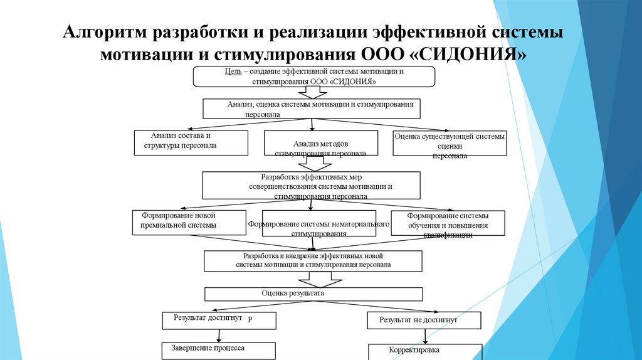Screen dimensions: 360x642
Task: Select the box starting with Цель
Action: pos(313,77)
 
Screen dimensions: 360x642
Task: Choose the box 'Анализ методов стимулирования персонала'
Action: pos(320,144)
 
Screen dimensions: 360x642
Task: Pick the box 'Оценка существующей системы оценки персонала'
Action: pos(449,144)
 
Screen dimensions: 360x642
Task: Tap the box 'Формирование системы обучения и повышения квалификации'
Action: pos(448,223)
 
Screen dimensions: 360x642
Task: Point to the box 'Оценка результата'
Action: pos(314,294)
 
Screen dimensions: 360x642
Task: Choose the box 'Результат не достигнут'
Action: pos(424,320)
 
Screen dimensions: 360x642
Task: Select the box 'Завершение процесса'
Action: pos(219,349)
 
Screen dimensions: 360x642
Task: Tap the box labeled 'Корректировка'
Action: pos(424,351)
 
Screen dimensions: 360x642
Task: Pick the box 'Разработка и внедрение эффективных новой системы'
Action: pos(313,261)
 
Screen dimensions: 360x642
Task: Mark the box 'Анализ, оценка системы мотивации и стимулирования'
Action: pos(311,108)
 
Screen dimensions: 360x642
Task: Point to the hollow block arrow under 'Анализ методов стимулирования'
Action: pos(315,163)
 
